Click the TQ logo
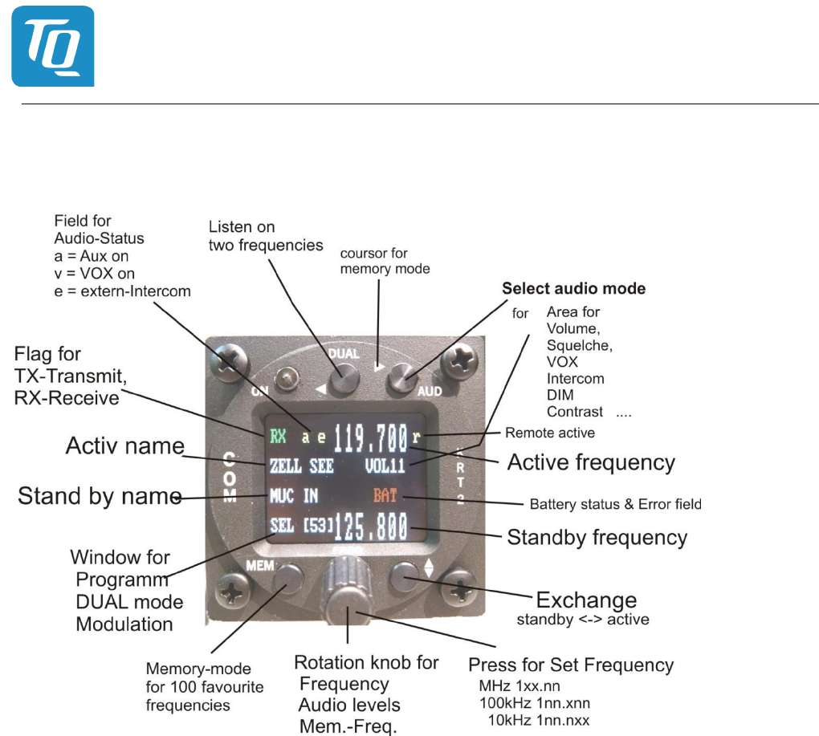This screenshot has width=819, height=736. tap(53, 47)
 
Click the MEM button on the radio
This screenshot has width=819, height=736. tap(288, 575)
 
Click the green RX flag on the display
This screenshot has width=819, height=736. tap(278, 438)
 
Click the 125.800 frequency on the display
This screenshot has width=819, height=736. tap(370, 528)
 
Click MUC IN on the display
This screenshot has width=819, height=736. tap(294, 497)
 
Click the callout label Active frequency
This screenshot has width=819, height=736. tap(591, 462)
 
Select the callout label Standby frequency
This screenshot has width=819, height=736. tap(597, 537)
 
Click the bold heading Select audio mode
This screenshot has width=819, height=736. tap(573, 288)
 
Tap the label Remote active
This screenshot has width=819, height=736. tap(549, 433)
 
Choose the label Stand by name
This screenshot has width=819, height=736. tap(99, 496)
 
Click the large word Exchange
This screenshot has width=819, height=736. tap(585, 600)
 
